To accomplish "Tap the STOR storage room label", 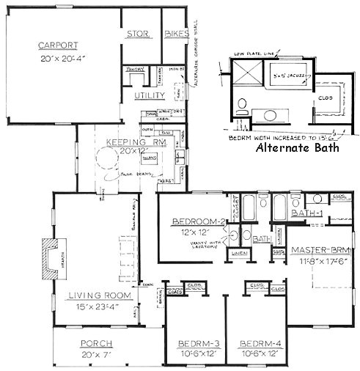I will point(139,34).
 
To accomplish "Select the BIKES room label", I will point(176,34).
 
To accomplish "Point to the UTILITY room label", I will point(150,96).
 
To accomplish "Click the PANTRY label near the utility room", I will point(134,69).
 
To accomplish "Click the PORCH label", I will point(95,344).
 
